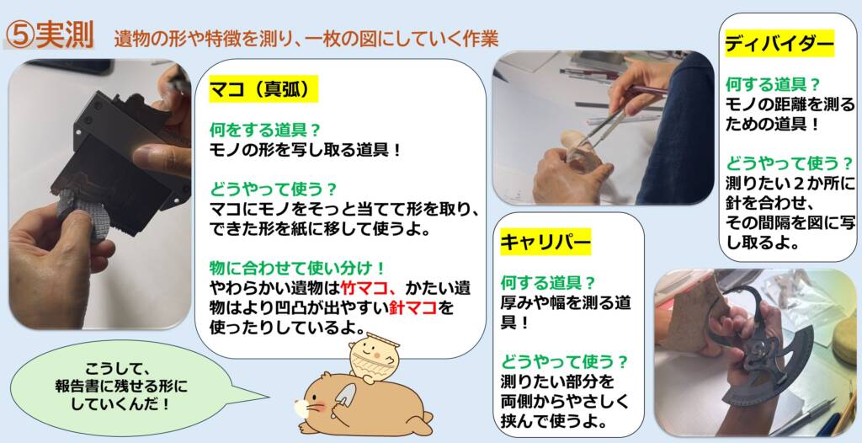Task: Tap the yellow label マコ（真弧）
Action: pos(263,89)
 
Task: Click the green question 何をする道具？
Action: pos(264,131)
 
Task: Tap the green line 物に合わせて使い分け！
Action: pos(296,268)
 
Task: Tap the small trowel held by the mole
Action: pos(345,396)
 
